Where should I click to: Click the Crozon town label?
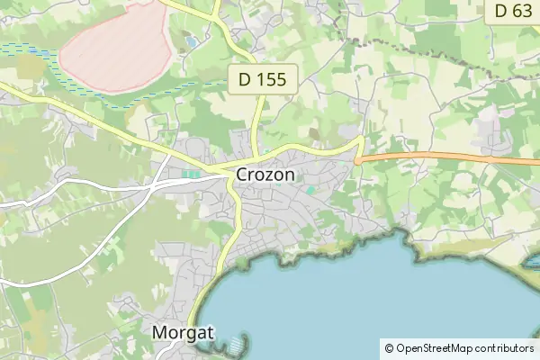click(x=265, y=175)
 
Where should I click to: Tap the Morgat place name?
click(x=183, y=332)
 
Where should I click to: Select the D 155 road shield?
click(x=263, y=79)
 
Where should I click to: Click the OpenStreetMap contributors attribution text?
click(x=464, y=347)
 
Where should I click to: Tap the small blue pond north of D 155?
click(x=191, y=42)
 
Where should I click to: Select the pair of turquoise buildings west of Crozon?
click(x=191, y=174)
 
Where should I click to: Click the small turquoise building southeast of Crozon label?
click(x=310, y=190)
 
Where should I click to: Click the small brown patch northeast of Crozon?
click(x=314, y=134)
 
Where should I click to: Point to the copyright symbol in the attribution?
click(x=389, y=347)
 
